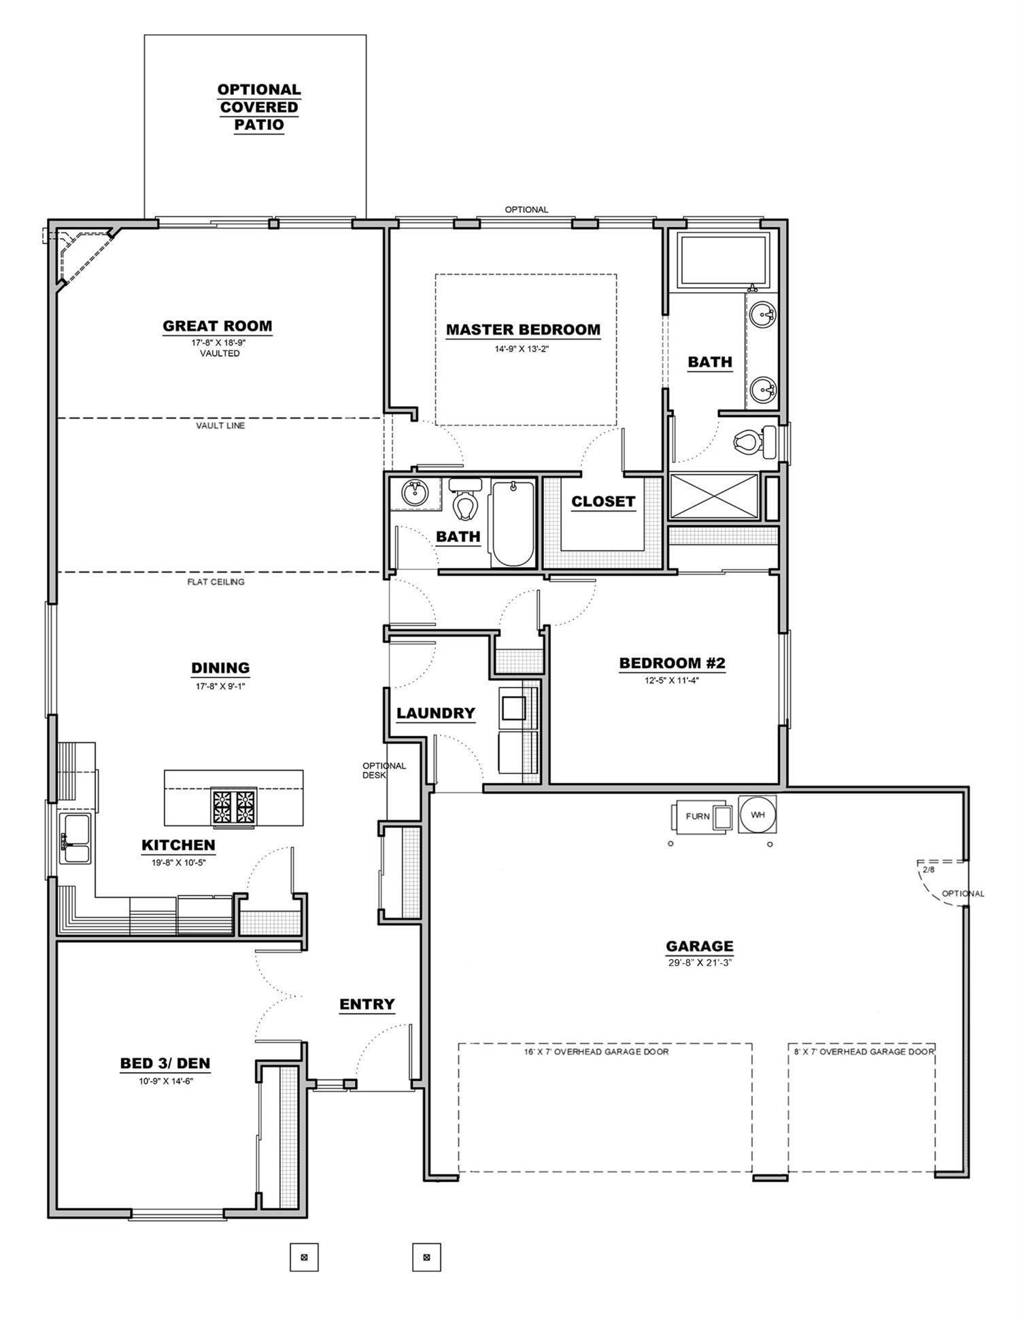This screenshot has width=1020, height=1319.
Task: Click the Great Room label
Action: coord(217,326)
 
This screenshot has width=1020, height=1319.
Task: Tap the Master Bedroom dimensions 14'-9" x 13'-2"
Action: coord(522,349)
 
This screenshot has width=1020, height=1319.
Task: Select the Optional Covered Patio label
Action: coord(258,107)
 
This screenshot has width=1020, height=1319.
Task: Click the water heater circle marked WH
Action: coord(757,814)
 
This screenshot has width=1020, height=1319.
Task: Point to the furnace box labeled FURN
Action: coord(698,816)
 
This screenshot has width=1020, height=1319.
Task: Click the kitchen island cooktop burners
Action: coord(234,807)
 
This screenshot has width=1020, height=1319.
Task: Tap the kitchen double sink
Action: coord(74,838)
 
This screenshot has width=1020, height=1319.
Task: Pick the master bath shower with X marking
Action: coord(713,497)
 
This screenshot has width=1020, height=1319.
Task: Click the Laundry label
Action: coord(435,713)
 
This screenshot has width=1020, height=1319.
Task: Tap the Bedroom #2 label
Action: coord(672,663)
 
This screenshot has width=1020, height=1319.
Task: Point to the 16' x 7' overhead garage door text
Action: coord(605,1052)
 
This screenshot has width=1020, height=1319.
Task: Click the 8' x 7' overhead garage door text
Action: coord(864,1052)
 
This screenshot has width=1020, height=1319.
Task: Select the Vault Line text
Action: coord(220,426)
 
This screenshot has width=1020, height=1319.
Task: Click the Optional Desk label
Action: coord(384,770)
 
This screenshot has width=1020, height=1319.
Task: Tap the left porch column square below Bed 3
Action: coord(304,1257)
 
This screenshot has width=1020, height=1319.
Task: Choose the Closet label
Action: coord(602,501)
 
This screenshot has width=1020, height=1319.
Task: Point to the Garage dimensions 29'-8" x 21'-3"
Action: coord(699,963)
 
